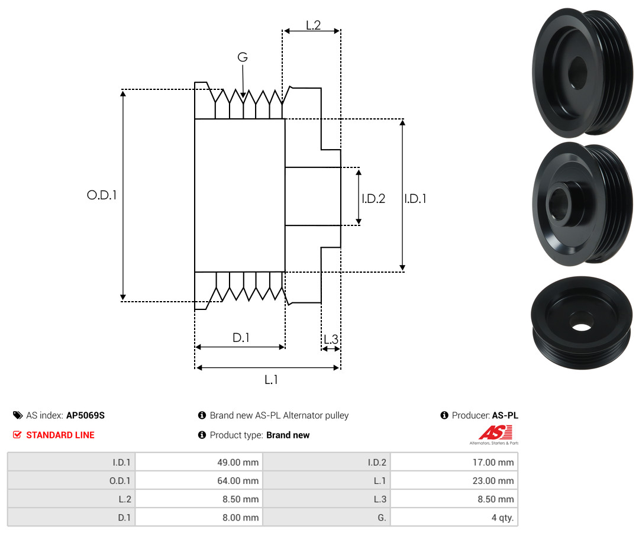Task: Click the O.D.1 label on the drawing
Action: [x=102, y=195]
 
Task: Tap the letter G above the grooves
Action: [x=243, y=57]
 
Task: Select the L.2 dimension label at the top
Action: [x=314, y=25]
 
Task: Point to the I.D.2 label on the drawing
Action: [x=373, y=198]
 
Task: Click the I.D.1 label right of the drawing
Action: [x=415, y=198]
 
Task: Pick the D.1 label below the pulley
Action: [x=241, y=337]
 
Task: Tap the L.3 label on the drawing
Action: [x=331, y=339]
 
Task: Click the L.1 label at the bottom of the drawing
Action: [x=271, y=380]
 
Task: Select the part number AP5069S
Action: [x=86, y=415]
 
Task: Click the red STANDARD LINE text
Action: [x=60, y=435]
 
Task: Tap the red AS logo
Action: [x=496, y=432]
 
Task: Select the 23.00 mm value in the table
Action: [x=493, y=481]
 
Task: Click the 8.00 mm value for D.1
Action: [x=240, y=518]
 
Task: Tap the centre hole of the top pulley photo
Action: [x=577, y=73]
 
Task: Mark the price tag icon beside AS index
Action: [x=18, y=415]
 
